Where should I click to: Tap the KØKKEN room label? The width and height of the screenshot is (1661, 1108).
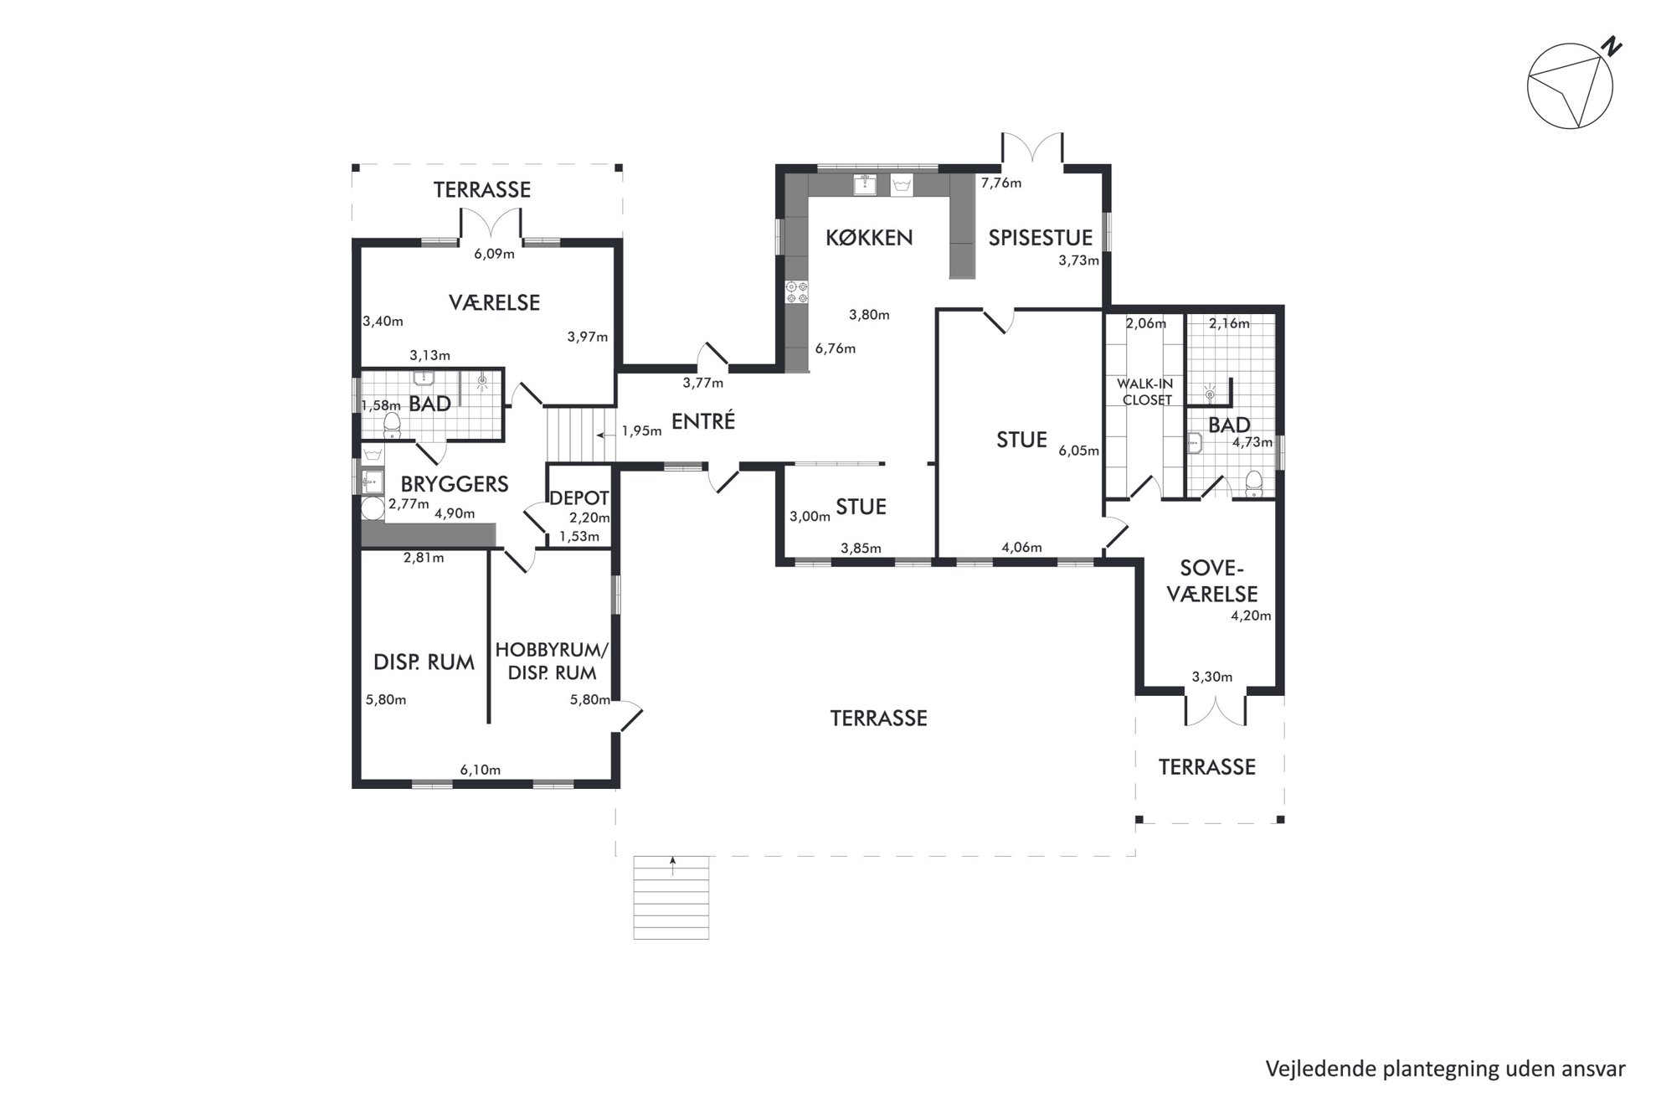[x=869, y=238]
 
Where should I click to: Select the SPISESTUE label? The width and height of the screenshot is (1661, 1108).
[x=1040, y=238]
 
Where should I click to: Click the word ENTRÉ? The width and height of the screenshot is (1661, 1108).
[x=703, y=421]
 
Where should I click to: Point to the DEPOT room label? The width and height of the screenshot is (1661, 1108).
[x=579, y=498]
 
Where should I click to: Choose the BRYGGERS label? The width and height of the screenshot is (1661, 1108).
[x=455, y=484]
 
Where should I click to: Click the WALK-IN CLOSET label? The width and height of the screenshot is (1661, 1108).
[x=1146, y=392]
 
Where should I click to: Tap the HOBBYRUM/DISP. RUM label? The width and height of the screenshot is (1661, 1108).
[x=552, y=662]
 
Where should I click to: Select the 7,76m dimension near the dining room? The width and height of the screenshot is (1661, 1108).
[x=1001, y=183]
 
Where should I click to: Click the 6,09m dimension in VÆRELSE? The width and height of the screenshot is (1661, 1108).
[x=494, y=254]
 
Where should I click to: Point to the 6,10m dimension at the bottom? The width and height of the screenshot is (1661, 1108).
[x=481, y=770]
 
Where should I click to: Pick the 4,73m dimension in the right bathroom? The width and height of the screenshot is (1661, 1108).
[x=1252, y=442]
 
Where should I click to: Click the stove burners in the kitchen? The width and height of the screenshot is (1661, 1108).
[x=796, y=292]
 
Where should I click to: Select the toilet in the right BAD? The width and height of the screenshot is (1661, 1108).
[x=1253, y=484]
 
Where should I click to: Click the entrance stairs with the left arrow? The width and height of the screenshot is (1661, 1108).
[x=581, y=434]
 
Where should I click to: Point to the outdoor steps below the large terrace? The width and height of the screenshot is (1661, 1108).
[x=671, y=897]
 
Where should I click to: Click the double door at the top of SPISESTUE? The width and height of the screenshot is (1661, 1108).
[x=1033, y=150]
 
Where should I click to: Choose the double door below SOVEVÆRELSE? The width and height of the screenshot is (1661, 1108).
[x=1216, y=707]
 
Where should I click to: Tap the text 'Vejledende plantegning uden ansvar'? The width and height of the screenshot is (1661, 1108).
[x=1445, y=1069]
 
